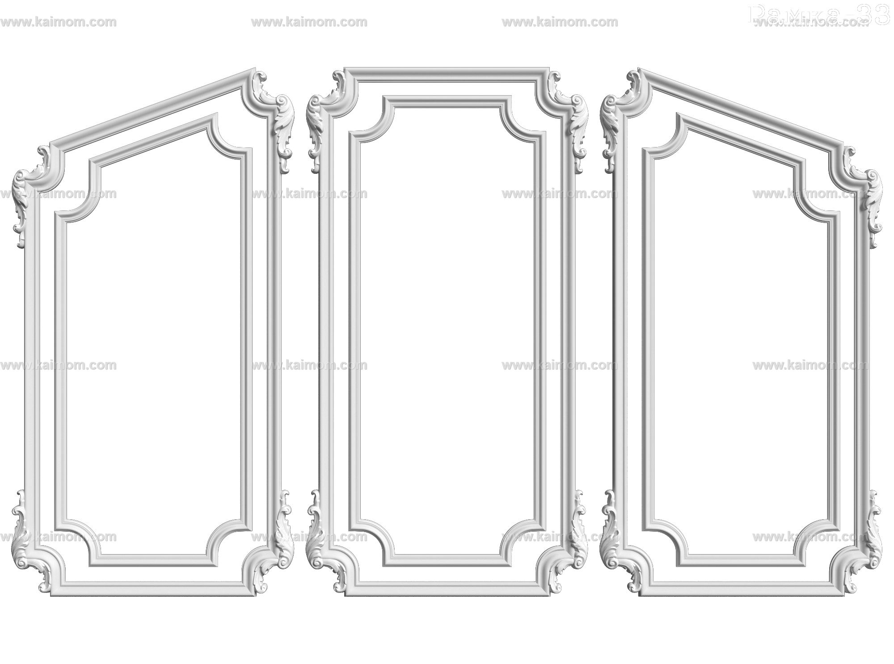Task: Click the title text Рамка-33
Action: point(818,17)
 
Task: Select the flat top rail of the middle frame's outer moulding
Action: point(447,75)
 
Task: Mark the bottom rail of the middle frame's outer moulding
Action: point(447,589)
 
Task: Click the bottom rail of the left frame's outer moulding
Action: point(152,589)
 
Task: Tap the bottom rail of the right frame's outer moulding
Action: point(742,589)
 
